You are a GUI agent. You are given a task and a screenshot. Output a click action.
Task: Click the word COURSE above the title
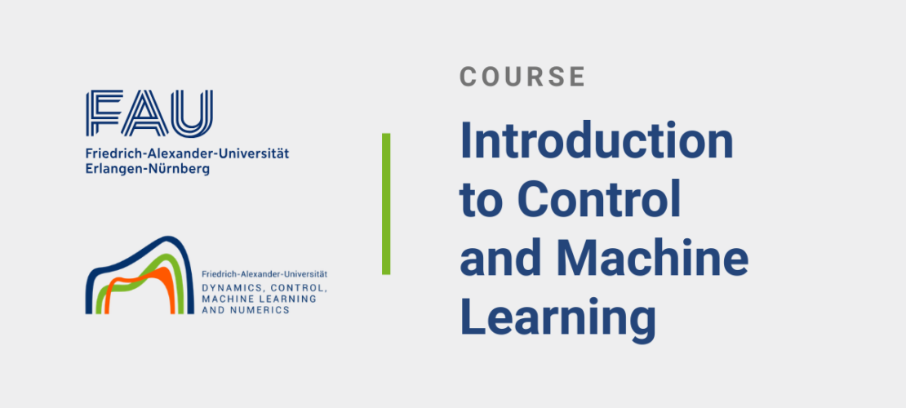522,76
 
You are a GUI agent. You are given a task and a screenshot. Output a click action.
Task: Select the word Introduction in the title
597,142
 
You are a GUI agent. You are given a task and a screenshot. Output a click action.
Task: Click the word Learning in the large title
557,321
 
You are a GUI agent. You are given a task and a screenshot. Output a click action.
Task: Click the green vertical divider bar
386,203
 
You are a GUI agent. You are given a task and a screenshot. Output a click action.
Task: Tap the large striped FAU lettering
149,113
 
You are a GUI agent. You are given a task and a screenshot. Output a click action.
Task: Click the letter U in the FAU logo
191,114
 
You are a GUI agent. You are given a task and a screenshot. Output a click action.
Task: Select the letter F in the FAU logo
104,113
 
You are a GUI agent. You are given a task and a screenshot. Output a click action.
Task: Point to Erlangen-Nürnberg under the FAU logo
148,170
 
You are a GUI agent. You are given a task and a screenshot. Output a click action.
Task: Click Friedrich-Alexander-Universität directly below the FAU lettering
187,153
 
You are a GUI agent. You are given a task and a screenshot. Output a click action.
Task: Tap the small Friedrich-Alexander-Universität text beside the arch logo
264,274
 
